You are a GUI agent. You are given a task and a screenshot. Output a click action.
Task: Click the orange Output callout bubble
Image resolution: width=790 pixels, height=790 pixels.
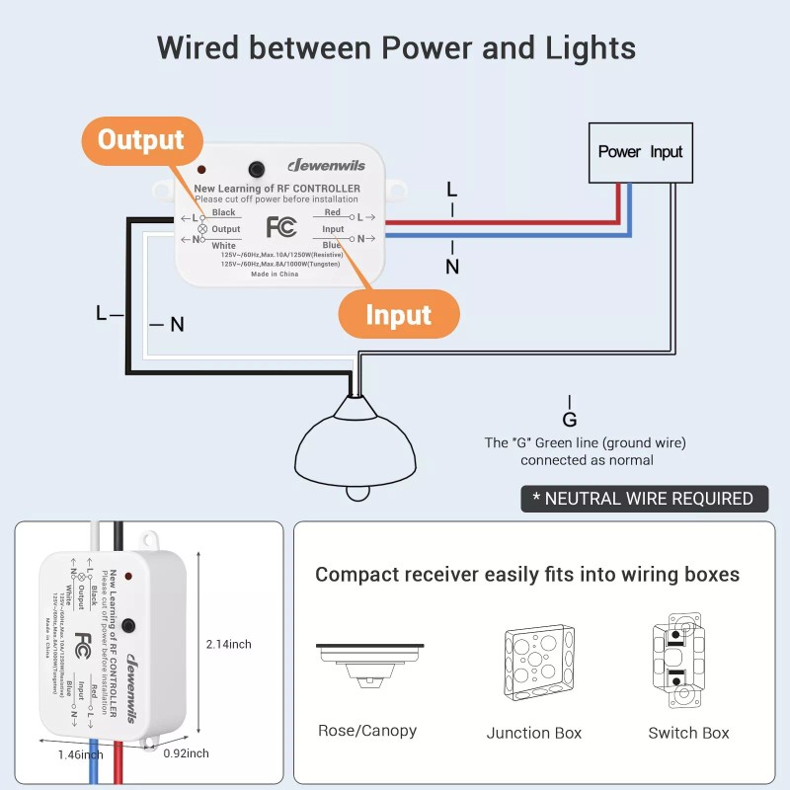pyautogui.click(x=140, y=140)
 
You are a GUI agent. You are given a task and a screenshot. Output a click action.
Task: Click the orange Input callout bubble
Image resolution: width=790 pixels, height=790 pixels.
pyautogui.click(x=398, y=315)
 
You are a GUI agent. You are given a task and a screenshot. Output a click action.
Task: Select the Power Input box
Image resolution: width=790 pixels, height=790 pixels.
pyautogui.click(x=640, y=152)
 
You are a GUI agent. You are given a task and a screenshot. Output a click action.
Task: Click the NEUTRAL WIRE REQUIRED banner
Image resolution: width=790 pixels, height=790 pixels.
pyautogui.click(x=643, y=499)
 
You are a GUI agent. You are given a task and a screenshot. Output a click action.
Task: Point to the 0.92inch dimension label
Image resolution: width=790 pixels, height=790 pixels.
pyautogui.click(x=185, y=753)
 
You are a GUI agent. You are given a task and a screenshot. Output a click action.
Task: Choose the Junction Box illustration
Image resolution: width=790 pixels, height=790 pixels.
pyautogui.click(x=533, y=665)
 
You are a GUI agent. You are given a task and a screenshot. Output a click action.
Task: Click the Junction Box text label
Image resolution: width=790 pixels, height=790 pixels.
pyautogui.click(x=533, y=733)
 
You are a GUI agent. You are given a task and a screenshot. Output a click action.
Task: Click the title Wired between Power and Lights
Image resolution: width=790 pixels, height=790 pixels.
pyautogui.click(x=395, y=47)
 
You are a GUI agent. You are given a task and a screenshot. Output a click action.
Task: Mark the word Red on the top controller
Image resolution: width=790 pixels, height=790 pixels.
pyautogui.click(x=333, y=212)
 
